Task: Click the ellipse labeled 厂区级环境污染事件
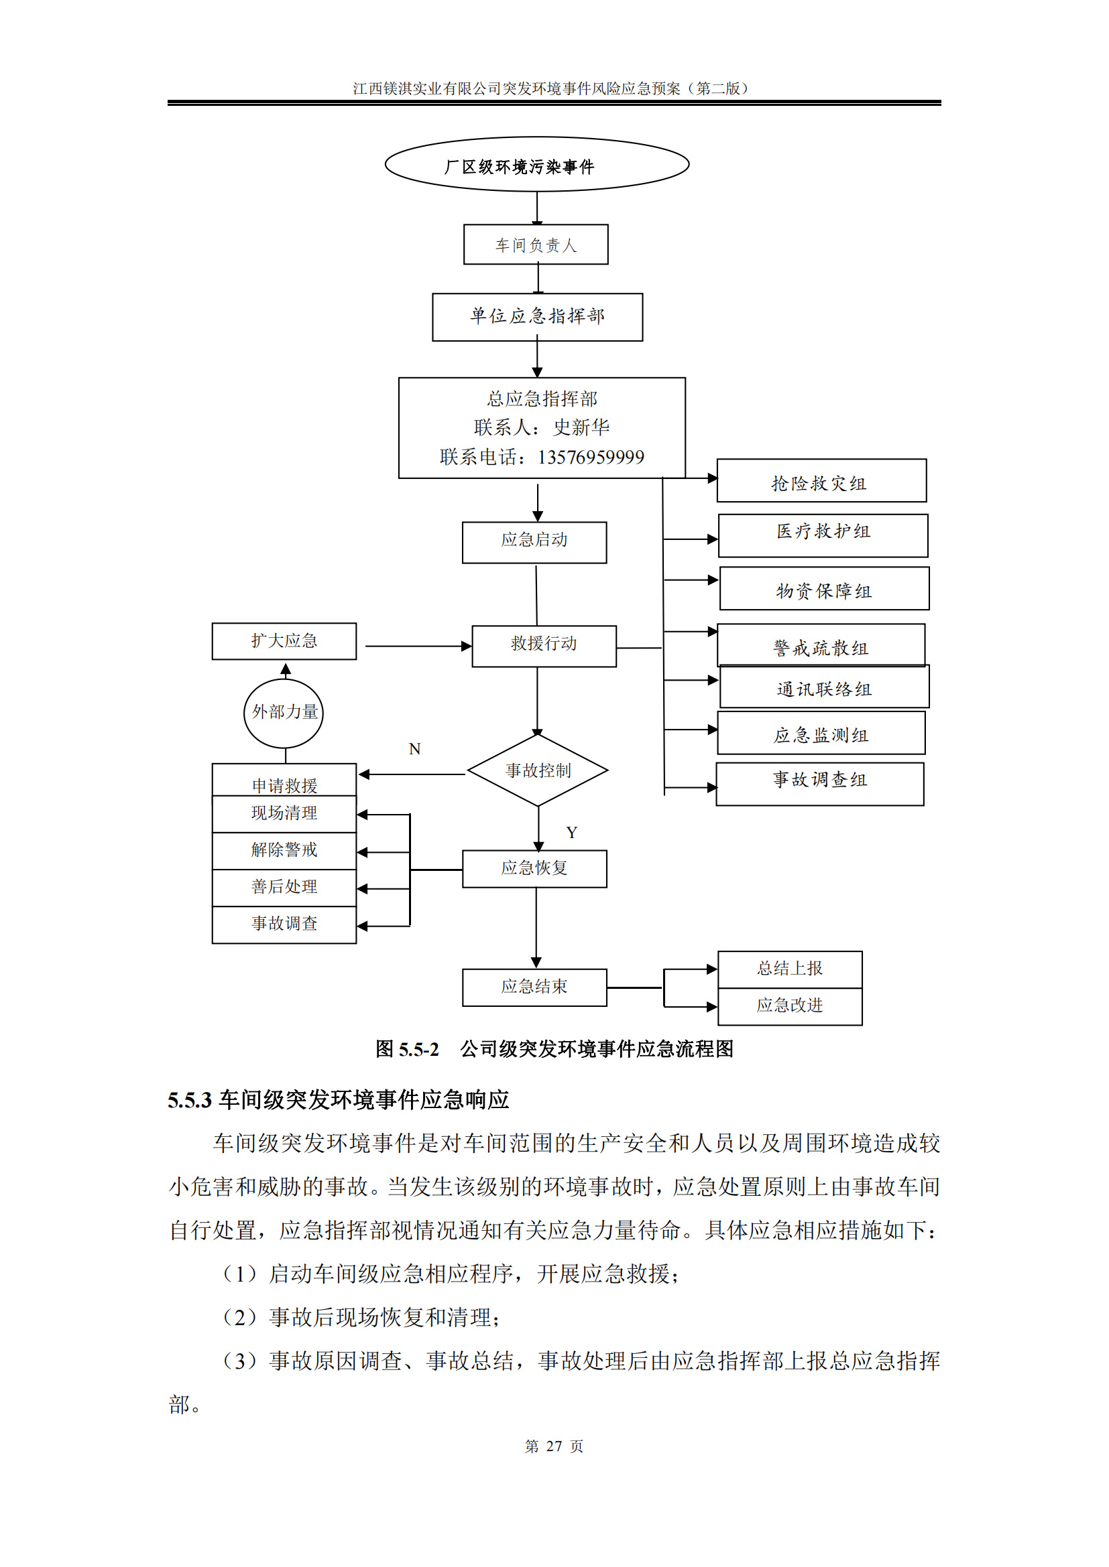click(537, 165)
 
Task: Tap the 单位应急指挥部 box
click(538, 317)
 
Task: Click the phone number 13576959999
click(591, 458)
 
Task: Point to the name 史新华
click(581, 428)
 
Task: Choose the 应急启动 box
click(534, 543)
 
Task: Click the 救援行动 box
click(544, 646)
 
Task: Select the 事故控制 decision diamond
click(538, 770)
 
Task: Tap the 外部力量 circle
click(284, 713)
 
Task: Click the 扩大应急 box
click(284, 641)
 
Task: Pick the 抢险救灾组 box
click(821, 481)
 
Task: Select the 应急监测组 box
click(821, 733)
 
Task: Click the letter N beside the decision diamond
click(414, 749)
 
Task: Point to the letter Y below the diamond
click(571, 833)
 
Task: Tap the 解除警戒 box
click(284, 850)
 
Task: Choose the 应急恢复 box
click(534, 869)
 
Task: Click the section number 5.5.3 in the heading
click(189, 1101)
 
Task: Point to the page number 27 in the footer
click(554, 1446)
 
